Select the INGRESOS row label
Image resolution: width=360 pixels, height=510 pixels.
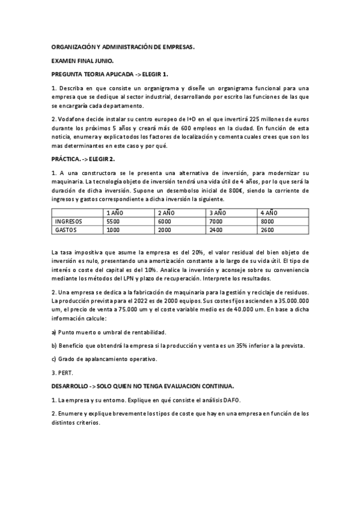pos(69,221)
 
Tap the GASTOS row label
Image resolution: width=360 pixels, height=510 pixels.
pos(66,230)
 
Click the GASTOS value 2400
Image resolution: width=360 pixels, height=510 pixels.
pos(215,230)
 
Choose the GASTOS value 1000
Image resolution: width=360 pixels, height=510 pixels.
pos(112,230)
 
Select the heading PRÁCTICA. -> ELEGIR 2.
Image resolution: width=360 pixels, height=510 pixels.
pos(83,159)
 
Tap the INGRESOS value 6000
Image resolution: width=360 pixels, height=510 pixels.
pos(163,221)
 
